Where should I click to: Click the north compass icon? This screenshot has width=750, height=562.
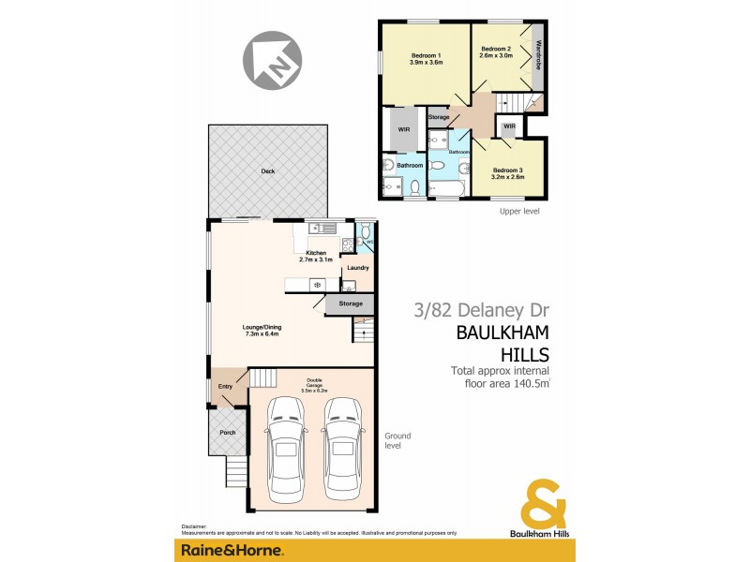272,58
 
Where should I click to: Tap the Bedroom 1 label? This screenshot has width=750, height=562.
426,56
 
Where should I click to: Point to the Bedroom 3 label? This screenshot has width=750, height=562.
508,170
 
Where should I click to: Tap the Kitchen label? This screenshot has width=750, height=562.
315,253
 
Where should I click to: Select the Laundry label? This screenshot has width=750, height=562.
357,268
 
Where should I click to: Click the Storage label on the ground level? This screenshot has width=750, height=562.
351,303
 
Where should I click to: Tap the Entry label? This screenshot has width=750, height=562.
225,386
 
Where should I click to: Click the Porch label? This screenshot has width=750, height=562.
227,432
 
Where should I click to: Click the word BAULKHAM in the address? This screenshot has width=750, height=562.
502,333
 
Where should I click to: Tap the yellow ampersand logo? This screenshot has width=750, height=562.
543,504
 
